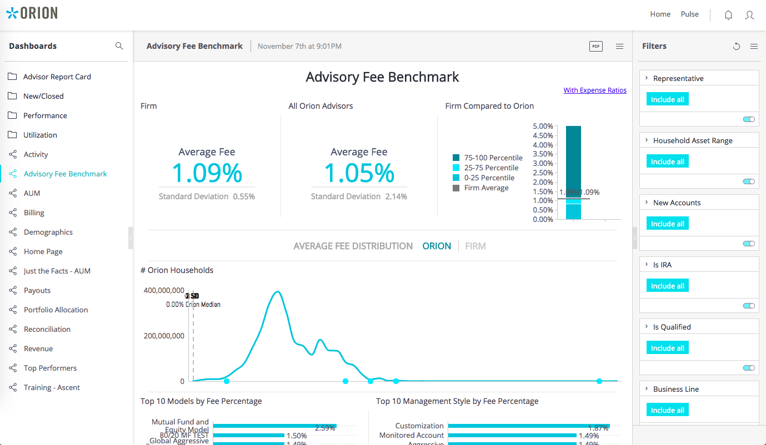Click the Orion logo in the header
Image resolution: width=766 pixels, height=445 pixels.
tap(32, 13)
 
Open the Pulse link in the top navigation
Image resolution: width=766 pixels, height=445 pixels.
tap(689, 14)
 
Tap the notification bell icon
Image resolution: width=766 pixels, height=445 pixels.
tap(728, 16)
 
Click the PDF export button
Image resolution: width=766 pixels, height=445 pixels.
tap(595, 47)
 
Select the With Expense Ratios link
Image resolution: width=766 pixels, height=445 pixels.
tap(594, 90)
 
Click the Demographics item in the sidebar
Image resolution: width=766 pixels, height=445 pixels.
tap(48, 232)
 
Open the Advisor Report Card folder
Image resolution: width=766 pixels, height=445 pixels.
tap(57, 77)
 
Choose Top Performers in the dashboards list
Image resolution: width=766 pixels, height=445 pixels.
tap(50, 368)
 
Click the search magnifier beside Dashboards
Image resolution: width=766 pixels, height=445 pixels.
tap(119, 46)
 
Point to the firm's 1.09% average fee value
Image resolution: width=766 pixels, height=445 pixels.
tap(207, 173)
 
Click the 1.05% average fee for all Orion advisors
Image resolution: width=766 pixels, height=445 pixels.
tap(359, 173)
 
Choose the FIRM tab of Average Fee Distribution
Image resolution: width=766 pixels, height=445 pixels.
tap(475, 246)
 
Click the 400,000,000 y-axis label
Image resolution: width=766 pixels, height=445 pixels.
tap(164, 290)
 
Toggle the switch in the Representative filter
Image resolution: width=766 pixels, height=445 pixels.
tap(749, 119)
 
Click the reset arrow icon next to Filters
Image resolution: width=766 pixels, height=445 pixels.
tap(737, 47)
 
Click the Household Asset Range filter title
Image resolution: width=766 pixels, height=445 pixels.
tap(692, 140)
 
